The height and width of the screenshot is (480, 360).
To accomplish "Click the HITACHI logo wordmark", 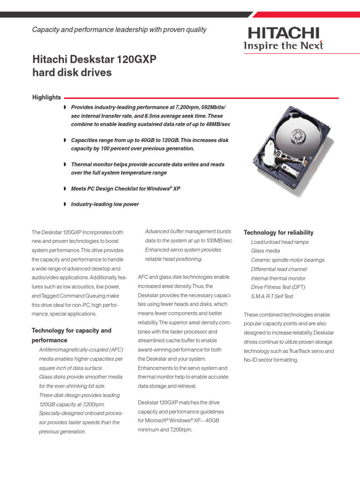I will (x=284, y=33).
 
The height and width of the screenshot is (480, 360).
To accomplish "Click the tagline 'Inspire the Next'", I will (x=283, y=45).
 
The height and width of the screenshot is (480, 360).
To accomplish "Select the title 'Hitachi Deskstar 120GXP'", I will (x=94, y=60).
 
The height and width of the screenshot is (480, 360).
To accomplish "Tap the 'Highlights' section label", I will (x=46, y=97).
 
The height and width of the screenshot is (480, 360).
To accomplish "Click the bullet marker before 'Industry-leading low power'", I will (x=65, y=204).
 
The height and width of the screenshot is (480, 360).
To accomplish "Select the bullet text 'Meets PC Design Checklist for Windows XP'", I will (x=125, y=188).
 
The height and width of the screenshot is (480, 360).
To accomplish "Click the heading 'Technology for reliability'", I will (x=278, y=233).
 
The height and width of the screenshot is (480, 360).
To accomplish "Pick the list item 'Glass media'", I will (x=265, y=251).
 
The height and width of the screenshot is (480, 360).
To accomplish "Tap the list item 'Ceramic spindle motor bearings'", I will (x=287, y=260).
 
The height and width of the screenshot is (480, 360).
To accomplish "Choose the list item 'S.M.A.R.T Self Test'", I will (x=272, y=296).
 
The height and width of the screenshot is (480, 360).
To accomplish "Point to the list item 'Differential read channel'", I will (x=279, y=269).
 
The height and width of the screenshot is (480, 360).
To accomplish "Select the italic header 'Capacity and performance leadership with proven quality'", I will (x=119, y=30).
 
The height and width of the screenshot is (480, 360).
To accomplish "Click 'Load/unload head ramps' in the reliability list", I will (x=279, y=242).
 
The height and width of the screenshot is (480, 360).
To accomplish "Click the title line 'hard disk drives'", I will (x=72, y=73).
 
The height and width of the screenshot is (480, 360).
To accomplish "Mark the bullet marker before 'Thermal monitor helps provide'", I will (x=65, y=165).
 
